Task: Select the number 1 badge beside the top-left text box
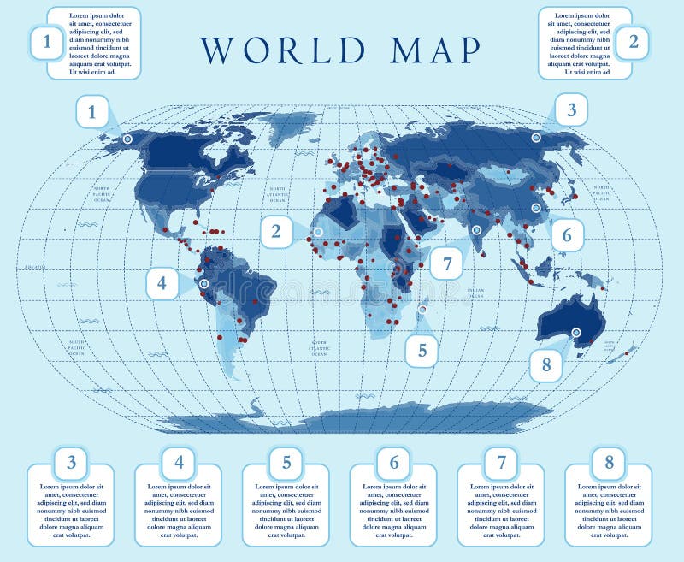coord(46,42)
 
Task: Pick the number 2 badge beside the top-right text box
coord(633,42)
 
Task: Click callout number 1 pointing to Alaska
coord(92,111)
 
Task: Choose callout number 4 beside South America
coord(162,283)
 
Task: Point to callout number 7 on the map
coord(446,263)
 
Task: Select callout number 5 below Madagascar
coord(422,349)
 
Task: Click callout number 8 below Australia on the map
coord(546,365)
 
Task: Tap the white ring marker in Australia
coord(575,332)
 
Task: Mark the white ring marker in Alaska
coord(127,138)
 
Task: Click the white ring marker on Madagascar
coord(424,309)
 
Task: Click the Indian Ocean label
coord(475,293)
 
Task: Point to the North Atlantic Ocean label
coord(277,193)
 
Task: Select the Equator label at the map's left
coord(35,267)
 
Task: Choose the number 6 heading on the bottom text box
coord(393,463)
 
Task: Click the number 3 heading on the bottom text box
coord(71,463)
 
